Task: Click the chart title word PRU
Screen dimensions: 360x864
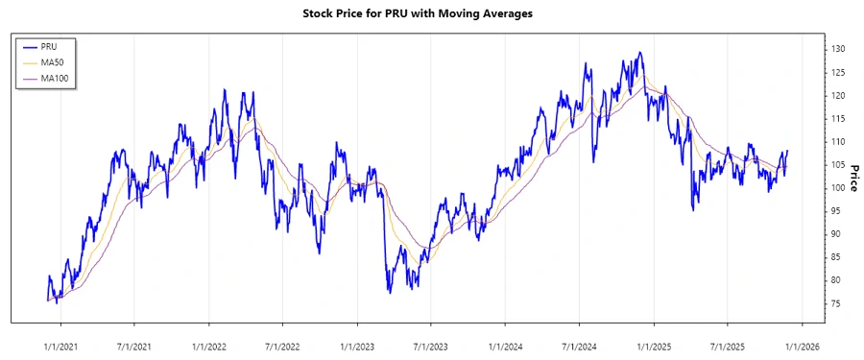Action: point(396,14)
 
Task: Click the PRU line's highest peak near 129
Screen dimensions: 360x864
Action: point(638,53)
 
